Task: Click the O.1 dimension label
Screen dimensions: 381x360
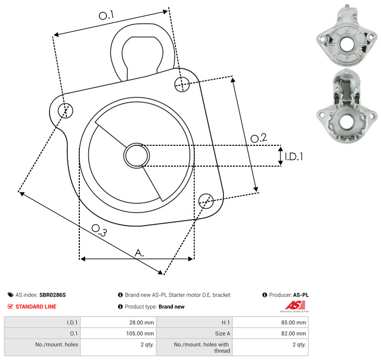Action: (107, 15)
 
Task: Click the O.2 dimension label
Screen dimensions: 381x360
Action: (259, 138)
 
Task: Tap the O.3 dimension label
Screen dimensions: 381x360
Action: (99, 230)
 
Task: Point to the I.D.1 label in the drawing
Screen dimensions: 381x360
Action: (294, 157)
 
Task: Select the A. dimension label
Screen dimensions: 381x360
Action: (139, 253)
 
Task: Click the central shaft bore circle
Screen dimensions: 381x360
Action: (137, 156)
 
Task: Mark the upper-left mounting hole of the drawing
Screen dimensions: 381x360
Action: (65, 111)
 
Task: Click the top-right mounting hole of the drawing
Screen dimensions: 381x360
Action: (182, 84)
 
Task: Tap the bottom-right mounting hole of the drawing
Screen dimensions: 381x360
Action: (206, 201)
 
